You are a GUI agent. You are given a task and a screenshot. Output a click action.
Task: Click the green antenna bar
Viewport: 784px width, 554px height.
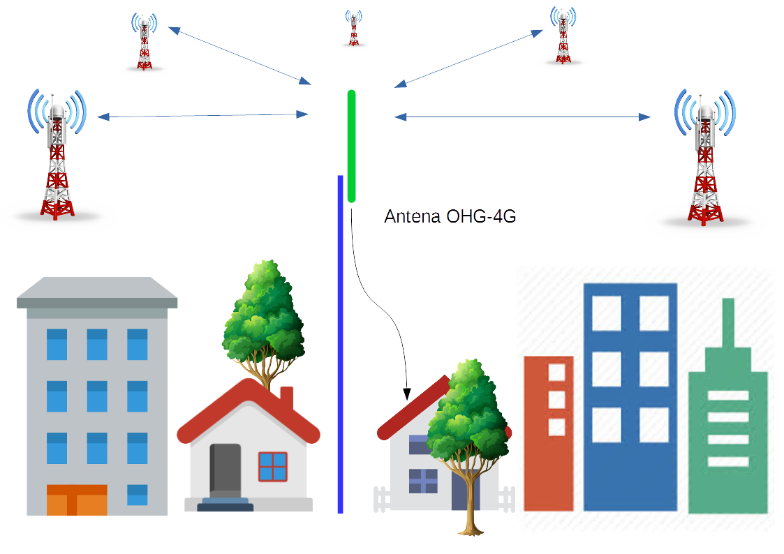(351, 147)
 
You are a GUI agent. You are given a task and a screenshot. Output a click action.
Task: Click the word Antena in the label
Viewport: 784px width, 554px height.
(412, 217)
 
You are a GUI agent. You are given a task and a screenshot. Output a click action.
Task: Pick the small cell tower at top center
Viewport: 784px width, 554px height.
(354, 29)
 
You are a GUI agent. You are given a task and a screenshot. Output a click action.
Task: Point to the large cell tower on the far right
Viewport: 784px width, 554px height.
(705, 160)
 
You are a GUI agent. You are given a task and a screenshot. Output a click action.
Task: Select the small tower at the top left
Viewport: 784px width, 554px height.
(145, 43)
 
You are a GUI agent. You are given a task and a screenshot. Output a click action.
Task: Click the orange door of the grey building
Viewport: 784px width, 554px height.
(77, 500)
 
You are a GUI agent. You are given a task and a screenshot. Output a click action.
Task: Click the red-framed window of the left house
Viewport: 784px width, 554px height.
(273, 467)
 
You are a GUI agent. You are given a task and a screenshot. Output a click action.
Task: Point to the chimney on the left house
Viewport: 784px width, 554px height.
(286, 400)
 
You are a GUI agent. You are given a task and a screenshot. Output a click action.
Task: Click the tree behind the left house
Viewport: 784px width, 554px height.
(264, 314)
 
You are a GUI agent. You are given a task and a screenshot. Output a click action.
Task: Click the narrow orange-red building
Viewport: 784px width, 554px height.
(549, 433)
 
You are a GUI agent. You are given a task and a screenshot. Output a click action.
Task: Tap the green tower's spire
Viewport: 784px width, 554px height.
(728, 324)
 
